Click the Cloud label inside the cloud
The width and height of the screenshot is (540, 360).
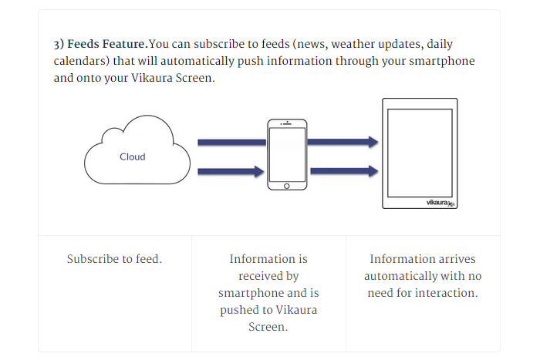coord(132,156)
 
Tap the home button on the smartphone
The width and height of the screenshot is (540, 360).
coord(286,185)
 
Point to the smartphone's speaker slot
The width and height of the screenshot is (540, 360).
coord(286,125)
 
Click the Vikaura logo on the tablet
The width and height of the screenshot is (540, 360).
coord(440,202)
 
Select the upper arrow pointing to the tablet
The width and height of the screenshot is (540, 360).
coord(343,142)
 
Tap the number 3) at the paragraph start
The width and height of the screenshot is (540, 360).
coord(59,44)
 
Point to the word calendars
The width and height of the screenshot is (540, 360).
coord(81,61)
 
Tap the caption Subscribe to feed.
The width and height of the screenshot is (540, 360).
coord(114,259)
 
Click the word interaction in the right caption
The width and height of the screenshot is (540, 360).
coord(445,293)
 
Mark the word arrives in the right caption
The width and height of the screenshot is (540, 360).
coord(454,259)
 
